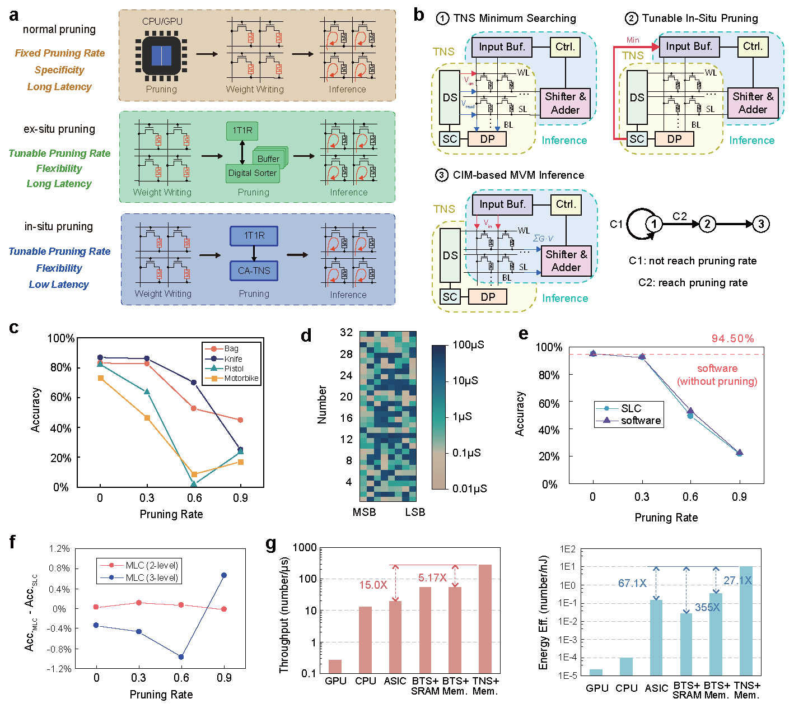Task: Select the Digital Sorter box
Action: (253, 173)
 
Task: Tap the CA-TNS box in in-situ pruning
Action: (254, 271)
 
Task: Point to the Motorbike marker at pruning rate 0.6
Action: (194, 474)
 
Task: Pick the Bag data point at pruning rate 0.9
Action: (240, 420)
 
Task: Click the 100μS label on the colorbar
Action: (469, 345)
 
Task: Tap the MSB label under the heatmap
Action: (364, 512)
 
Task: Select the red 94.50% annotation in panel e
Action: (732, 339)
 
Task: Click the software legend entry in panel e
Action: (641, 421)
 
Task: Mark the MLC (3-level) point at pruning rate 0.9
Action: (224, 575)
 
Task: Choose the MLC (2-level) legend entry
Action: (152, 565)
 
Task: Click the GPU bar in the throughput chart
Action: (335, 667)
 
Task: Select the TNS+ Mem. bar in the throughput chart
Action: (485, 618)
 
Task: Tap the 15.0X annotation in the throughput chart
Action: (373, 585)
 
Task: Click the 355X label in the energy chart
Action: (707, 607)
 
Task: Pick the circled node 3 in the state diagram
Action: (760, 224)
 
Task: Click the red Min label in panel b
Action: (633, 40)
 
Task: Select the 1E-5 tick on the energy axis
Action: (567, 676)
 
